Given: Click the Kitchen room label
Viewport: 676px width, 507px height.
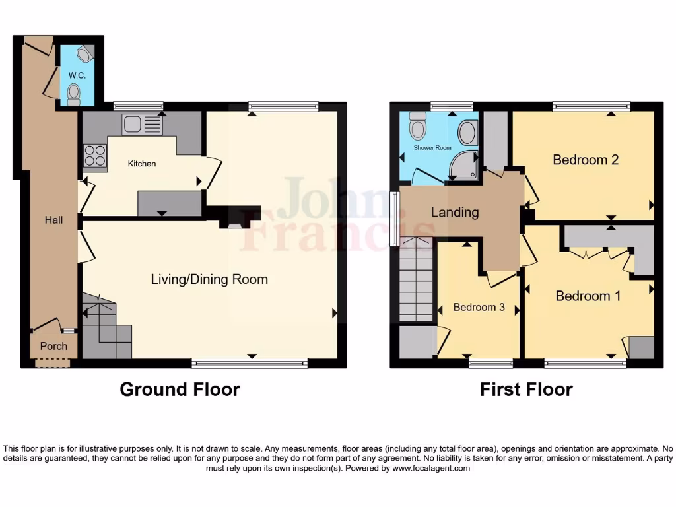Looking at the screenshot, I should tap(142, 163).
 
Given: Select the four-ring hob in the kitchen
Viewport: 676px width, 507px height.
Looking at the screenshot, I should tap(95, 155).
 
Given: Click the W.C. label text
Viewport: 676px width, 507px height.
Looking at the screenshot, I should tap(77, 75).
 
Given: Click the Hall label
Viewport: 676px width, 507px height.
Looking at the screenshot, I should tap(54, 220).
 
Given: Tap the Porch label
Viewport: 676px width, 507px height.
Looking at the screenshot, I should tap(53, 346).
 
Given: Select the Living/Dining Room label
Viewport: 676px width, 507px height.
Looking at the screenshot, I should tap(209, 279).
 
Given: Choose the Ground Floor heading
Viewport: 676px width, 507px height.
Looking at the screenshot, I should tap(180, 389).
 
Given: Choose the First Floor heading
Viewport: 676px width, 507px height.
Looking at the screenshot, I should tap(526, 389).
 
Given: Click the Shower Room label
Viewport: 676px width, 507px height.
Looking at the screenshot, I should tap(432, 148).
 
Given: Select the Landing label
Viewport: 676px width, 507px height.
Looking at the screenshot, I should tap(455, 212).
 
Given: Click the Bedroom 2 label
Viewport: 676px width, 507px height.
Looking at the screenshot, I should tap(586, 160).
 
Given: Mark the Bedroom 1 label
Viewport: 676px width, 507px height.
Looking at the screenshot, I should tap(588, 296).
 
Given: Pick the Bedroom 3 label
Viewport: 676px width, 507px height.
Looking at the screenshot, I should tap(479, 307).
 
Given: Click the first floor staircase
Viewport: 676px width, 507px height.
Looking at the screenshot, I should tap(416, 281).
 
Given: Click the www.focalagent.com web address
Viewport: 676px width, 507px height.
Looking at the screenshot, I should tap(431, 468).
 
